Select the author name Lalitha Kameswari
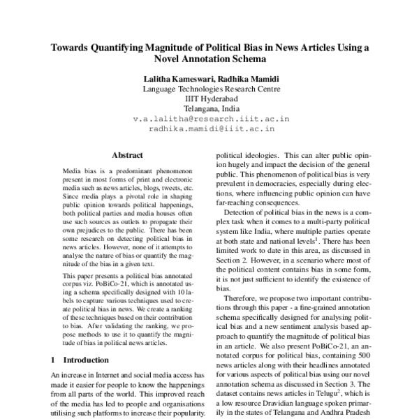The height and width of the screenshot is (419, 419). coord(175,79)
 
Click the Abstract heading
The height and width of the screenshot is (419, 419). coord(128,155)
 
